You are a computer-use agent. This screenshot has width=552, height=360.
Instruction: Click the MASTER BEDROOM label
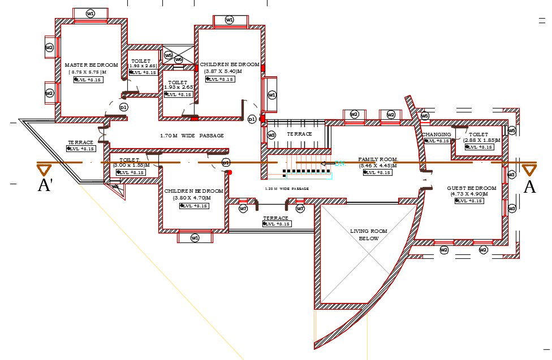tap(91, 65)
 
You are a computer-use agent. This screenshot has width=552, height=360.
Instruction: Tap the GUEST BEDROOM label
tap(471, 188)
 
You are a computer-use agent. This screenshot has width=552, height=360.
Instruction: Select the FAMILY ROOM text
tap(378, 160)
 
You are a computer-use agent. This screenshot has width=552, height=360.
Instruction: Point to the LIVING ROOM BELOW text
tap(368, 235)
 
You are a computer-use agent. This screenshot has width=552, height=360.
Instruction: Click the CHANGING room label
tap(436, 135)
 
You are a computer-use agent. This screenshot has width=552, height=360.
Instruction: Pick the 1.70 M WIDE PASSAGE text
tap(192, 136)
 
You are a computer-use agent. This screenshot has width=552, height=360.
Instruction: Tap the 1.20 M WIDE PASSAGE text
tap(287, 188)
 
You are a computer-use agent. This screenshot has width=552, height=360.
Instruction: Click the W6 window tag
tap(179, 59)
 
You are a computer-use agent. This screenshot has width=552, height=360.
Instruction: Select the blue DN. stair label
tap(340, 163)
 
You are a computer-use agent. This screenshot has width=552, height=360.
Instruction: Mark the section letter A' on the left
tap(45, 185)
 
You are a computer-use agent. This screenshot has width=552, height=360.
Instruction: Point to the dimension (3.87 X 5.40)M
tap(223, 72)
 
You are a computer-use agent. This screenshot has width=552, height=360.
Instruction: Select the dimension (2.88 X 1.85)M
tap(482, 140)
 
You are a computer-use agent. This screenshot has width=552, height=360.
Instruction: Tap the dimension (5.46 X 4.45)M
tap(378, 166)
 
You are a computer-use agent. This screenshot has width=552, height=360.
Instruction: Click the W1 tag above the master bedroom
tap(90, 13)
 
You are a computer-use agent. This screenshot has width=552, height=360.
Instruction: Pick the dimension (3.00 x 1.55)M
tap(131, 165)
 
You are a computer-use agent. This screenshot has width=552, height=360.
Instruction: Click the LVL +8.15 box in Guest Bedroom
tap(469, 201)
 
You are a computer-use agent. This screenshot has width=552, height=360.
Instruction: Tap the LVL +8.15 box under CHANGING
tap(437, 141)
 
